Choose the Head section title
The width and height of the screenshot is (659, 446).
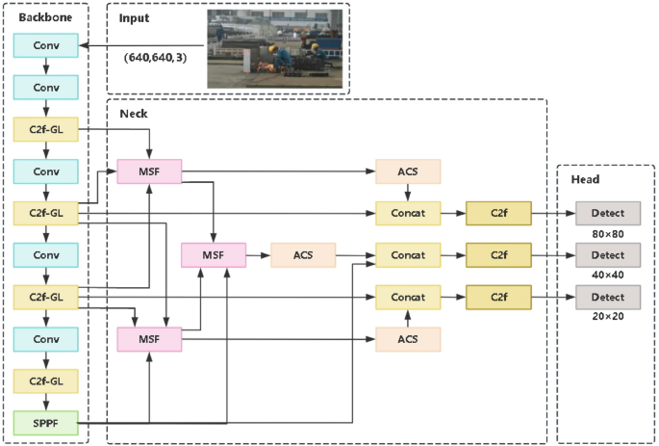[x=585, y=179]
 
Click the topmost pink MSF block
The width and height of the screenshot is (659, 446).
[x=149, y=171]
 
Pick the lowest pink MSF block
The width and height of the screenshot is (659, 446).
[x=149, y=339]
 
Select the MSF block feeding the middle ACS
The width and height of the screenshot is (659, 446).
[x=215, y=255]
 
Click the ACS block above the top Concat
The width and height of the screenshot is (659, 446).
[x=408, y=171]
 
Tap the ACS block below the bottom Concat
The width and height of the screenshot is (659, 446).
[x=408, y=339]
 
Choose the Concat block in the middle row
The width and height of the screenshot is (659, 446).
[x=408, y=255]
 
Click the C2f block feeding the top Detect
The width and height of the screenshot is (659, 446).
[x=497, y=213]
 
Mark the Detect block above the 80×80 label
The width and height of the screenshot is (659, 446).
[x=607, y=213]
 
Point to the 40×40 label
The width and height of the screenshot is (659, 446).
[x=607, y=275]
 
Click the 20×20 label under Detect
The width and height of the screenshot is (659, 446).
[x=607, y=317]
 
